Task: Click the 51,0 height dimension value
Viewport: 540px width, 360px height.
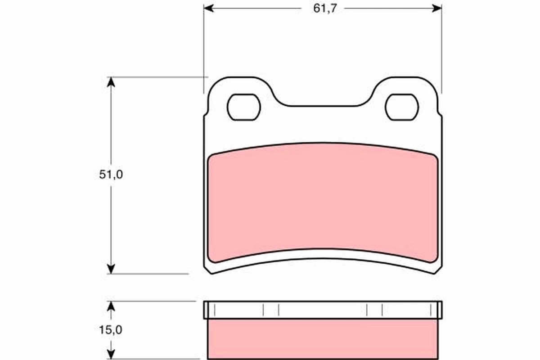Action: pyautogui.click(x=111, y=175)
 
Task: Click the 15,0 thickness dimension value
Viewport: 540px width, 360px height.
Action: pyautogui.click(x=111, y=329)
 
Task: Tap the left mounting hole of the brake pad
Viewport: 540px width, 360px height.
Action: pyautogui.click(x=244, y=107)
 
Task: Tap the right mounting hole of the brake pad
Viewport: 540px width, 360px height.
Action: pyautogui.click(x=402, y=107)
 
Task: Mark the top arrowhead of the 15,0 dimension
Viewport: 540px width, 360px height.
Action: pyautogui.click(x=111, y=306)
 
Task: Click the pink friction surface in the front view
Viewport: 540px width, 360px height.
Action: pyautogui.click(x=323, y=202)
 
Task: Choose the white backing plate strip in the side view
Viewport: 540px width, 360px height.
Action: pyautogui.click(x=323, y=310)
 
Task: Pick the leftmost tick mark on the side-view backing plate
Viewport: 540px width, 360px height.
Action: pyautogui.click(x=216, y=310)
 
